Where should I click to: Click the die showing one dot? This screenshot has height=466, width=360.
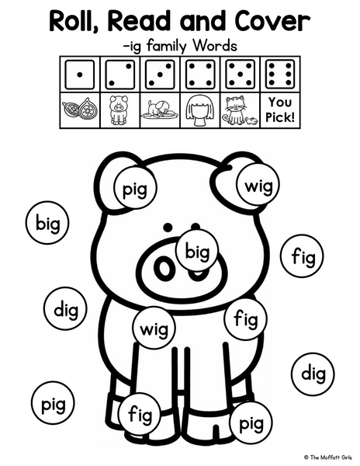[80, 75]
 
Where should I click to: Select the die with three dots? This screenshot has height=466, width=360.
[160, 75]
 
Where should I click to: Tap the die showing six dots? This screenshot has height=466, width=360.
[280, 75]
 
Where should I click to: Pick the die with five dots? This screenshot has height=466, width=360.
[240, 75]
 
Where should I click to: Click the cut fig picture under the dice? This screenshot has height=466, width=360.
[80, 110]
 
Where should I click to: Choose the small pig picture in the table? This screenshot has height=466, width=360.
[119, 110]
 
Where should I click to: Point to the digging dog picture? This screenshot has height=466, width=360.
[159, 110]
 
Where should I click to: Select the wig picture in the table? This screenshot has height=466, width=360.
[199, 111]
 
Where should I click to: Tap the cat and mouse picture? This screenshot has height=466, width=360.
[240, 110]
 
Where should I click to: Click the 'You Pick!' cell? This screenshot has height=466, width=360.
[280, 110]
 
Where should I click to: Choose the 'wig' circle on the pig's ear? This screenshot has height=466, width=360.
[258, 185]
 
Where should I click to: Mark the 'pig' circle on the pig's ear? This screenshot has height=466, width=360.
[135, 187]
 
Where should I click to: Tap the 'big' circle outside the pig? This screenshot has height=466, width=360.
[47, 223]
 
